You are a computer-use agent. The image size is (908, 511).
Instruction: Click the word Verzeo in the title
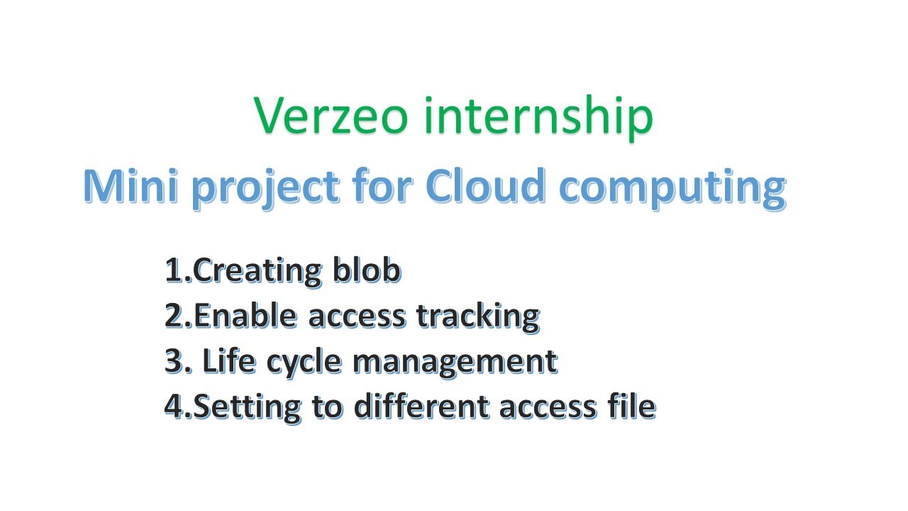331,116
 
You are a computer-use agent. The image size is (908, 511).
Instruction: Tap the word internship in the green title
538,116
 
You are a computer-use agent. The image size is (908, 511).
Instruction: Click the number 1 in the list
172,271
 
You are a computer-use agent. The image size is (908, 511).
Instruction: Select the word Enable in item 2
246,316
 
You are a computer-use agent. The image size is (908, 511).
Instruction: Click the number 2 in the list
174,317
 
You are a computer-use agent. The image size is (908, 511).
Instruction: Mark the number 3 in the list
174,362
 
